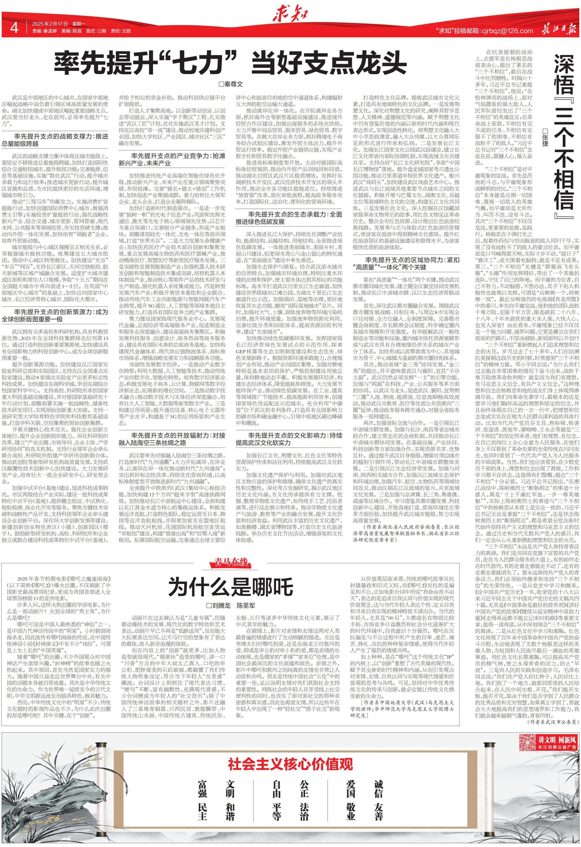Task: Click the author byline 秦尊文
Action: pyautogui.click(x=230, y=85)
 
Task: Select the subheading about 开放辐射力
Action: pyautogui.click(x=172, y=439)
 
